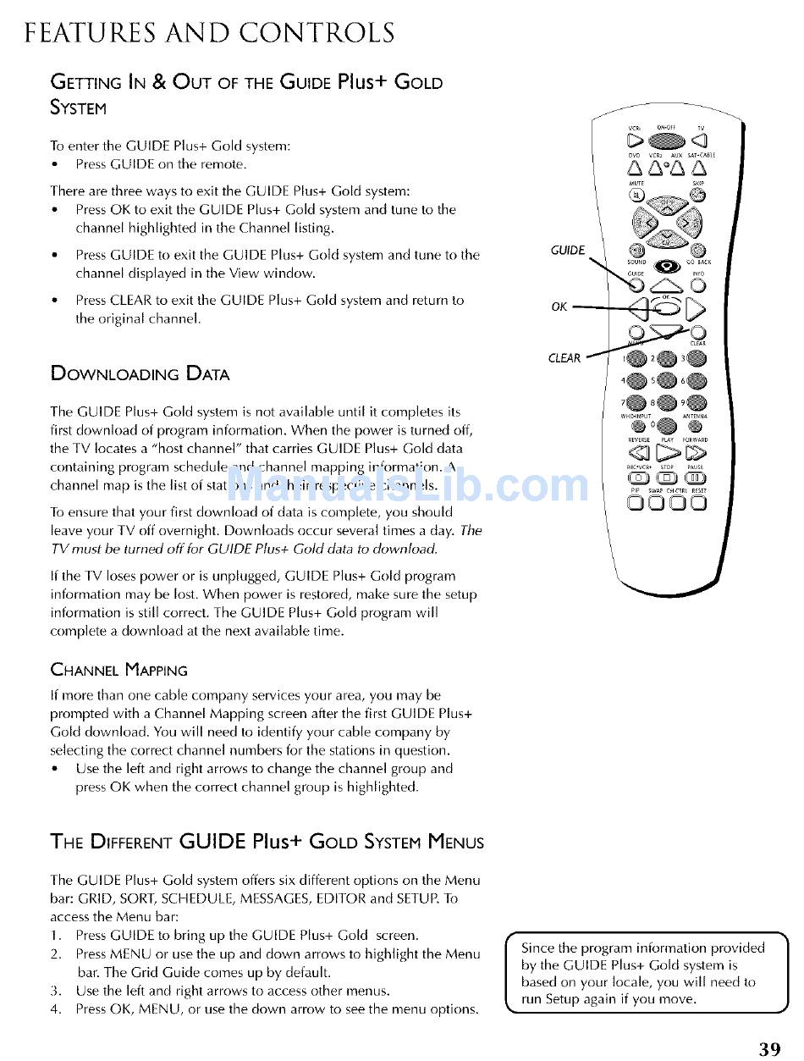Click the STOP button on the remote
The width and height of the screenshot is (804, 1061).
pyautogui.click(x=667, y=478)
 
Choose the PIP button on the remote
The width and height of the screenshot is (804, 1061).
pyautogui.click(x=636, y=503)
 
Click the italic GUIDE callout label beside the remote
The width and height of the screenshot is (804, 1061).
pyautogui.click(x=567, y=250)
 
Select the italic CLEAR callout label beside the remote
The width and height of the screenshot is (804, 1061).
pyautogui.click(x=564, y=358)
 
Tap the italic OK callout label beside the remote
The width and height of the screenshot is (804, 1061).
pyautogui.click(x=559, y=307)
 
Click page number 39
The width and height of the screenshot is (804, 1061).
pyautogui.click(x=769, y=1049)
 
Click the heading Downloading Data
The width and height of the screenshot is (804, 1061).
pyautogui.click(x=140, y=373)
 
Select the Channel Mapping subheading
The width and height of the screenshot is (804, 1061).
pyautogui.click(x=119, y=670)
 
